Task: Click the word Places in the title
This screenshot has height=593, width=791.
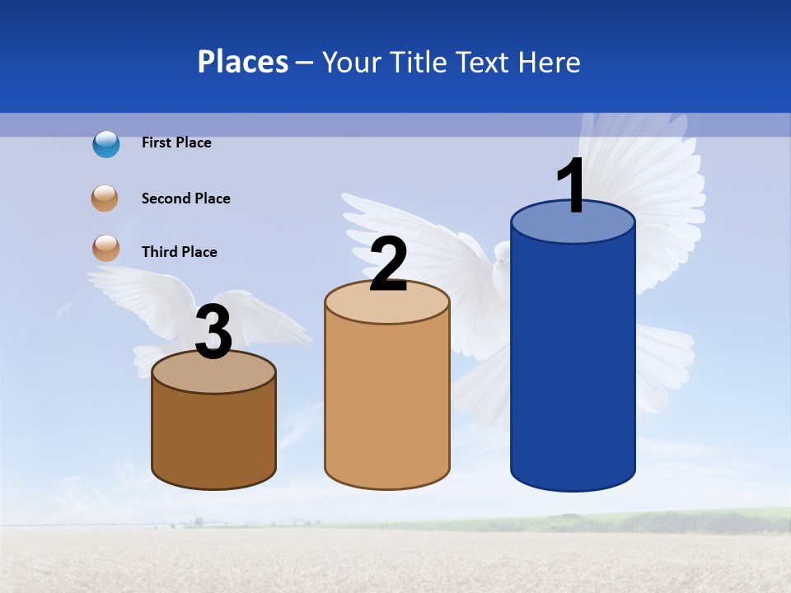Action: click(242, 62)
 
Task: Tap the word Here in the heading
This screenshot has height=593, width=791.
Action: click(550, 62)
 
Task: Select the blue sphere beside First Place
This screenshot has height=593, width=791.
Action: click(105, 143)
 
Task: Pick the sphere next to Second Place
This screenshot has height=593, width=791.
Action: click(105, 198)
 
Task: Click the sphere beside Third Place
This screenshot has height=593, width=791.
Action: click(105, 248)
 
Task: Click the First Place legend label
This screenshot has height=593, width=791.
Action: click(176, 142)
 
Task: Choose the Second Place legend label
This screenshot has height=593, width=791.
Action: click(185, 198)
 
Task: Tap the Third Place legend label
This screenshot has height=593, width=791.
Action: click(179, 252)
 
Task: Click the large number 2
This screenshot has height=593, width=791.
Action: click(388, 264)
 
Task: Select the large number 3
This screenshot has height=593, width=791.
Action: click(214, 333)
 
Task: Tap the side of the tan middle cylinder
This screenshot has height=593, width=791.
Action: click(387, 404)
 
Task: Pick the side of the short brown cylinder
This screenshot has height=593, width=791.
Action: click(214, 437)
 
